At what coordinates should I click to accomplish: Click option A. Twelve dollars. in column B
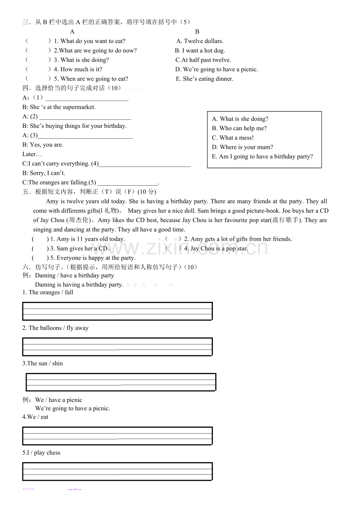[200, 41]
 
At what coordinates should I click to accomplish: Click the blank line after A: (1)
[87, 98]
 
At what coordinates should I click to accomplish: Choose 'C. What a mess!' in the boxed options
[233, 138]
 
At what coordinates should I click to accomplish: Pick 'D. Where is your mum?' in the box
[243, 147]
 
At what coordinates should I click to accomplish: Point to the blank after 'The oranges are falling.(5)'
[128, 183]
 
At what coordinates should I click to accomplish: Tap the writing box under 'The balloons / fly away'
[117, 347]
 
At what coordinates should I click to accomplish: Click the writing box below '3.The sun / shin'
[121, 382]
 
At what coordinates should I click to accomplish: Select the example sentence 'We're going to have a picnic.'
[72, 409]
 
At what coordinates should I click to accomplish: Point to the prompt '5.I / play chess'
[41, 453]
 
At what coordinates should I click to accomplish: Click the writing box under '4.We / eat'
[117, 436]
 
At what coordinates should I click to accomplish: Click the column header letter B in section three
[197, 32]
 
